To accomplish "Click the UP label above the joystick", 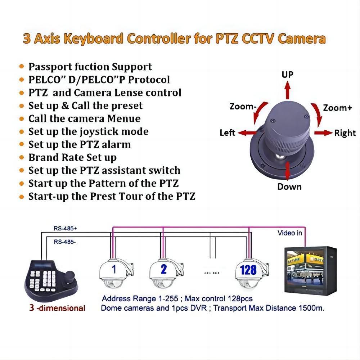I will [x=287, y=75].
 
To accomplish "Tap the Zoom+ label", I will [x=337, y=108].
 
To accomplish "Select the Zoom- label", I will [x=243, y=107].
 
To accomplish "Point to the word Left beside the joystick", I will [x=228, y=133].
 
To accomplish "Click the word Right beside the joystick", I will [x=345, y=133].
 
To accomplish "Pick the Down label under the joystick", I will [x=289, y=186].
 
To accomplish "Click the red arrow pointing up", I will [x=287, y=90].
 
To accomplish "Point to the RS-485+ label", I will [x=65, y=228].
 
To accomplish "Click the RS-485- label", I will [x=64, y=242].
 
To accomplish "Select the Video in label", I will [x=289, y=233].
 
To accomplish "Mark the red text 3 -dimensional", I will [x=58, y=308].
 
